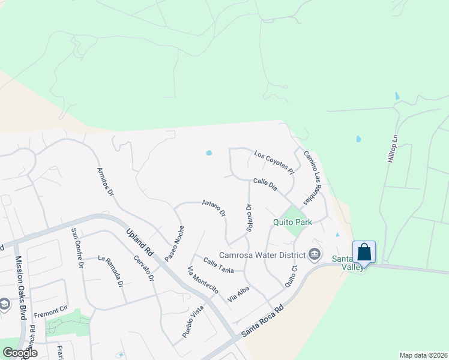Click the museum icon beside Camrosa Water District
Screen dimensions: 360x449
314,254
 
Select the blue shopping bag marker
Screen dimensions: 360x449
364,253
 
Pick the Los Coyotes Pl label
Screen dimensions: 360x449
274,162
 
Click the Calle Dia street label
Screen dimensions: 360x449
265,184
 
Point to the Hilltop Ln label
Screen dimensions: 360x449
394,146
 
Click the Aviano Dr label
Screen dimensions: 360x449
214,208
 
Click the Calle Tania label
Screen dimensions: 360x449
218,265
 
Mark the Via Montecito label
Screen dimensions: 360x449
203,279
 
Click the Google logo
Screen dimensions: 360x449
20,353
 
